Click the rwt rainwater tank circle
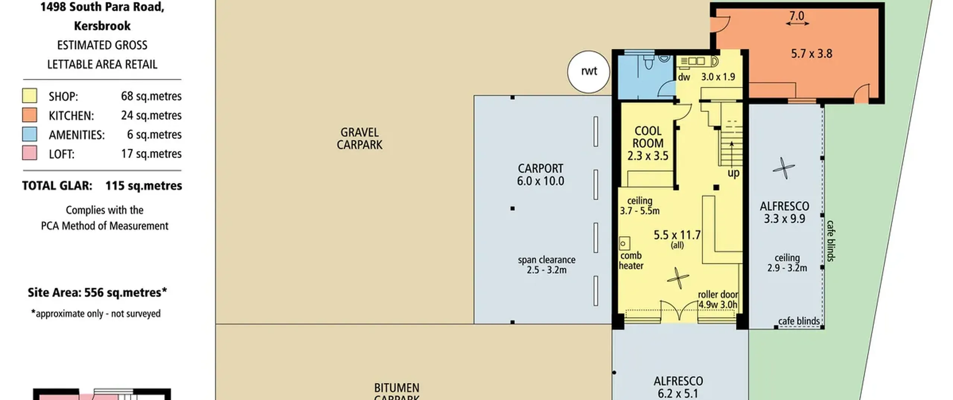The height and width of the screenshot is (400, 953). (589, 72)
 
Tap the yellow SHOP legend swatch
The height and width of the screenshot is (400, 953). (30, 96)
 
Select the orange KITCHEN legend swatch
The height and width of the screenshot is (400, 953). (30, 115)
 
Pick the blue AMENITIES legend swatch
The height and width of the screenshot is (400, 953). (30, 134)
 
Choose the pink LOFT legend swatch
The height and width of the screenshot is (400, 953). (30, 153)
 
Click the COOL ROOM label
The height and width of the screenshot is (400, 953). (648, 137)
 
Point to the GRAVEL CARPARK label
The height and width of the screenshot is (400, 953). (360, 138)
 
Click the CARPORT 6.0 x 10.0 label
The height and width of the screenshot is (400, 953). (541, 175)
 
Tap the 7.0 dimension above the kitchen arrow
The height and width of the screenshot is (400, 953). (797, 16)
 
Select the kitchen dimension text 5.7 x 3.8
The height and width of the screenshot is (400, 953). (812, 54)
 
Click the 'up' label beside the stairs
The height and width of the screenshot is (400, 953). (733, 173)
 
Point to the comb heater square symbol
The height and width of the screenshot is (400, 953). (624, 244)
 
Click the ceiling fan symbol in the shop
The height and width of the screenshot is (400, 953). (678, 278)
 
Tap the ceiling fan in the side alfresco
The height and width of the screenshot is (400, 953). (784, 168)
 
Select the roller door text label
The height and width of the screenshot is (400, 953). (718, 294)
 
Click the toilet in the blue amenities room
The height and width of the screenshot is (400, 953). (648, 63)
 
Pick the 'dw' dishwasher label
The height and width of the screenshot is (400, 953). (684, 77)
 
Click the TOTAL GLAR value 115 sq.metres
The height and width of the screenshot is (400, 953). (144, 186)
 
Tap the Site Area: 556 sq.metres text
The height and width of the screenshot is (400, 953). (97, 292)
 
